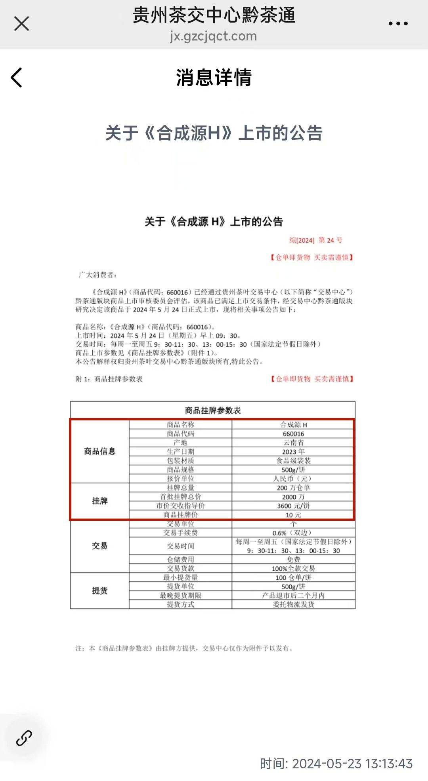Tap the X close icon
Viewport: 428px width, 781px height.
pyautogui.click(x=21, y=23)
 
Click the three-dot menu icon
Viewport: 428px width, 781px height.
pyautogui.click(x=398, y=24)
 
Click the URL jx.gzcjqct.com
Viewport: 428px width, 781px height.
pyautogui.click(x=213, y=36)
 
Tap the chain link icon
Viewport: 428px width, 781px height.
pyautogui.click(x=24, y=738)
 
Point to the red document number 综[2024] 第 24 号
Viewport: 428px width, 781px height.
pyautogui.click(x=316, y=240)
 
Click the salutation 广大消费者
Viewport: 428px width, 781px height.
pyautogui.click(x=97, y=275)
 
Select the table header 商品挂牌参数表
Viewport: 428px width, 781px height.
pyautogui.click(x=213, y=410)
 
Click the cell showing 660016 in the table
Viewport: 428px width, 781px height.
pyautogui.click(x=293, y=434)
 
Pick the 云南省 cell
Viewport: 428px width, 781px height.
pyautogui.click(x=293, y=443)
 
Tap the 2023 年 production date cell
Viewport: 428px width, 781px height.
pyautogui.click(x=293, y=452)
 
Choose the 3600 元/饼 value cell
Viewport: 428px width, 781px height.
pyautogui.click(x=293, y=506)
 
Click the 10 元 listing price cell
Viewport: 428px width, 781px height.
pyautogui.click(x=293, y=515)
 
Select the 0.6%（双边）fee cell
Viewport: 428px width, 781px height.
pyautogui.click(x=293, y=533)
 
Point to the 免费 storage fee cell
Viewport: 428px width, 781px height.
pyautogui.click(x=293, y=559)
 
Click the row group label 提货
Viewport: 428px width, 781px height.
pyautogui.click(x=99, y=591)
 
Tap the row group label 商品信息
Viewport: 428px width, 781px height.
pyautogui.click(x=99, y=451)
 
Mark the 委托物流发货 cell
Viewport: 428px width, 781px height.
pyautogui.click(x=293, y=604)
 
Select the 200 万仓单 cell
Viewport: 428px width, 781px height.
pyautogui.click(x=293, y=488)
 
